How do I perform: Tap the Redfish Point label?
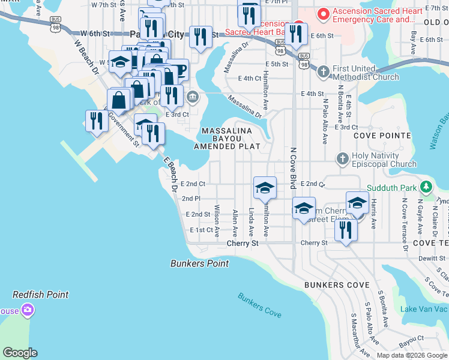click(x=41, y=295)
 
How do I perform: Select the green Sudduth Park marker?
click(x=426, y=188)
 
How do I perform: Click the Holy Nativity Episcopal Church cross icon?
click(x=342, y=158)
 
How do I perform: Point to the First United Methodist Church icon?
click(x=323, y=71)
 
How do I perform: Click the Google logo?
click(x=20, y=353)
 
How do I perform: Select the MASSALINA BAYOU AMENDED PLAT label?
click(x=227, y=139)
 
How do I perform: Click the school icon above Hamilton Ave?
click(x=265, y=187)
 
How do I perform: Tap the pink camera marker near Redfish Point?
click(x=27, y=310)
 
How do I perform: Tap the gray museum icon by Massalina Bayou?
click(x=192, y=97)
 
